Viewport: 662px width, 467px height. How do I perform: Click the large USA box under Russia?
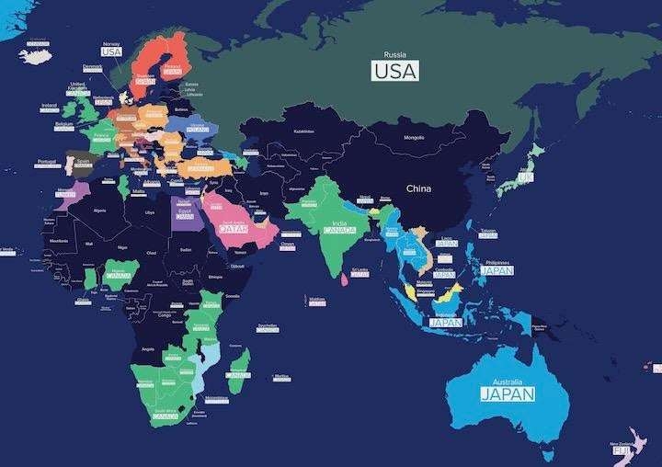point(394,70)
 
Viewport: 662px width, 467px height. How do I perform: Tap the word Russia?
point(394,54)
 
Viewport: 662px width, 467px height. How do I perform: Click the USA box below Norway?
point(111,52)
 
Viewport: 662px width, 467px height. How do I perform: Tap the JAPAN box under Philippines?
point(496,270)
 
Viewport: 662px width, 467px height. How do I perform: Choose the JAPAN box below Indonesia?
point(444,323)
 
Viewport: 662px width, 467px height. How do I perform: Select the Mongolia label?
point(415,138)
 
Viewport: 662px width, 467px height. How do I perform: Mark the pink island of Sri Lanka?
point(344,275)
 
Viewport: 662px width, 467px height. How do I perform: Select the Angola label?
point(146,349)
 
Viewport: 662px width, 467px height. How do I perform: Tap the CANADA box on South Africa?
point(165,416)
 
